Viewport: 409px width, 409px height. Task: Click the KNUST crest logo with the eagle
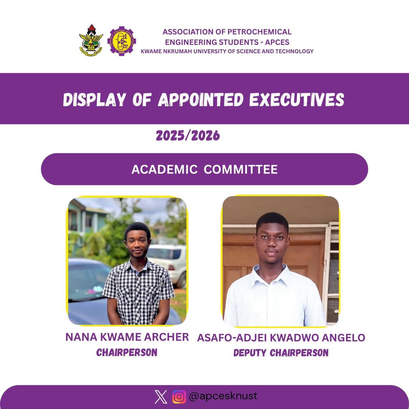click(91, 40)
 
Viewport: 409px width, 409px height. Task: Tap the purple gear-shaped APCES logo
click(121, 41)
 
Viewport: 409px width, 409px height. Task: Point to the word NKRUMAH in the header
click(182, 51)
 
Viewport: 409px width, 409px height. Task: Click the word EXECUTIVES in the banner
click(297, 100)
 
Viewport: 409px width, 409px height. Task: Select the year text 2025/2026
click(188, 136)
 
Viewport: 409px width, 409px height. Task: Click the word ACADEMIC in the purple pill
click(164, 169)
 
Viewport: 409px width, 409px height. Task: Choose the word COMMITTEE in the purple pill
click(241, 169)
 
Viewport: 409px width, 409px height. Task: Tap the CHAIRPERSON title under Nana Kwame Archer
click(127, 352)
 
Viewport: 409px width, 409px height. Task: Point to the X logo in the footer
click(161, 397)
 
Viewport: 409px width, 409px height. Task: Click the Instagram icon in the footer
click(179, 397)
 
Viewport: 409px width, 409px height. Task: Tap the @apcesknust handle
click(223, 396)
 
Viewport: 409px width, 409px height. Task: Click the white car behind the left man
click(169, 259)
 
